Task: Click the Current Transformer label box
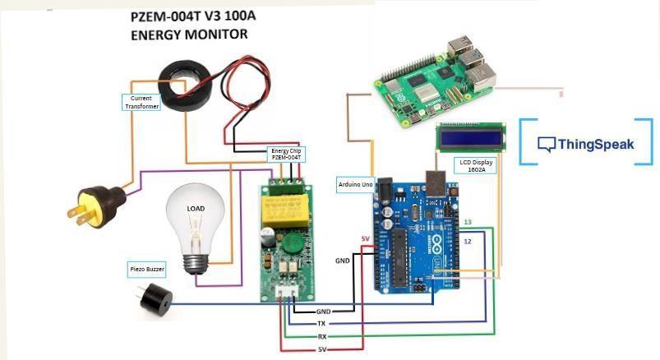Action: (x=141, y=102)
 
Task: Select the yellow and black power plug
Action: (x=95, y=205)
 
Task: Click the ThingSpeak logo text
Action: (x=595, y=144)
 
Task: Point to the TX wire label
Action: (x=321, y=324)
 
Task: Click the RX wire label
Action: (x=321, y=337)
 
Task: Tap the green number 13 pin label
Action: (x=468, y=223)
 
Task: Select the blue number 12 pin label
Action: (x=468, y=242)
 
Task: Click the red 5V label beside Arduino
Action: (x=366, y=239)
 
